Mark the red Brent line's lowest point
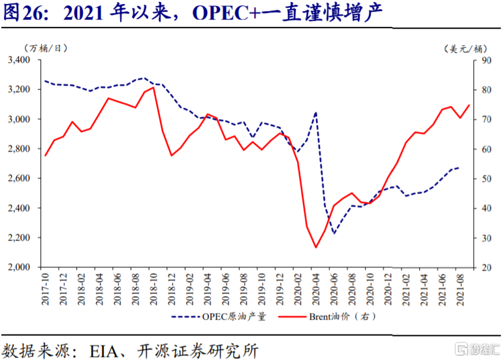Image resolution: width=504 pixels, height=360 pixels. click(x=316, y=247)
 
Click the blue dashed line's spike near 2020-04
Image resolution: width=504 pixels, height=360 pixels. click(x=316, y=112)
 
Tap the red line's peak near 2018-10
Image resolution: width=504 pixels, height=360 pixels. click(x=153, y=87)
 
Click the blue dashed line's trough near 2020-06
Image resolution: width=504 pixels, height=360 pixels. click(x=334, y=233)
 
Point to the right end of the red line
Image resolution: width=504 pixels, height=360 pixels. click(x=469, y=105)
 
